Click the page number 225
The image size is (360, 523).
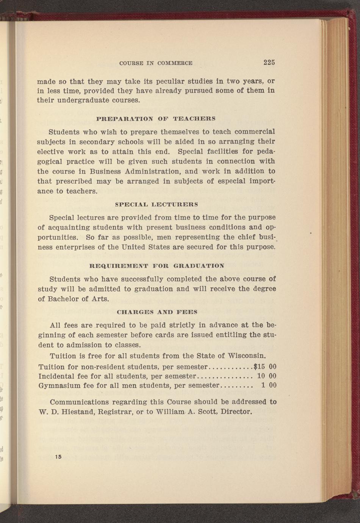click(269, 63)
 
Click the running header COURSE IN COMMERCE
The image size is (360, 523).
click(156, 63)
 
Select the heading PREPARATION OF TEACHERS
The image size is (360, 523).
click(156, 119)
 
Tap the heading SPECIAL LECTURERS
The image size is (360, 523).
click(156, 204)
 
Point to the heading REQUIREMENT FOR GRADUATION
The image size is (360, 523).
click(156, 266)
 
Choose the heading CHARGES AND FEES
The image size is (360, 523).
click(157, 312)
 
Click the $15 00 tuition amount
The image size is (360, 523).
click(265, 366)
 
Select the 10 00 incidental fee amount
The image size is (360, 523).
click(267, 376)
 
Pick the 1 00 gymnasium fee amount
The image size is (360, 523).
click(269, 385)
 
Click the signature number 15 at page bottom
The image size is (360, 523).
click(58, 457)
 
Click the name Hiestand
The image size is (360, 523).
click(74, 412)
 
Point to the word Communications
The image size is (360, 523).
click(79, 402)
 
